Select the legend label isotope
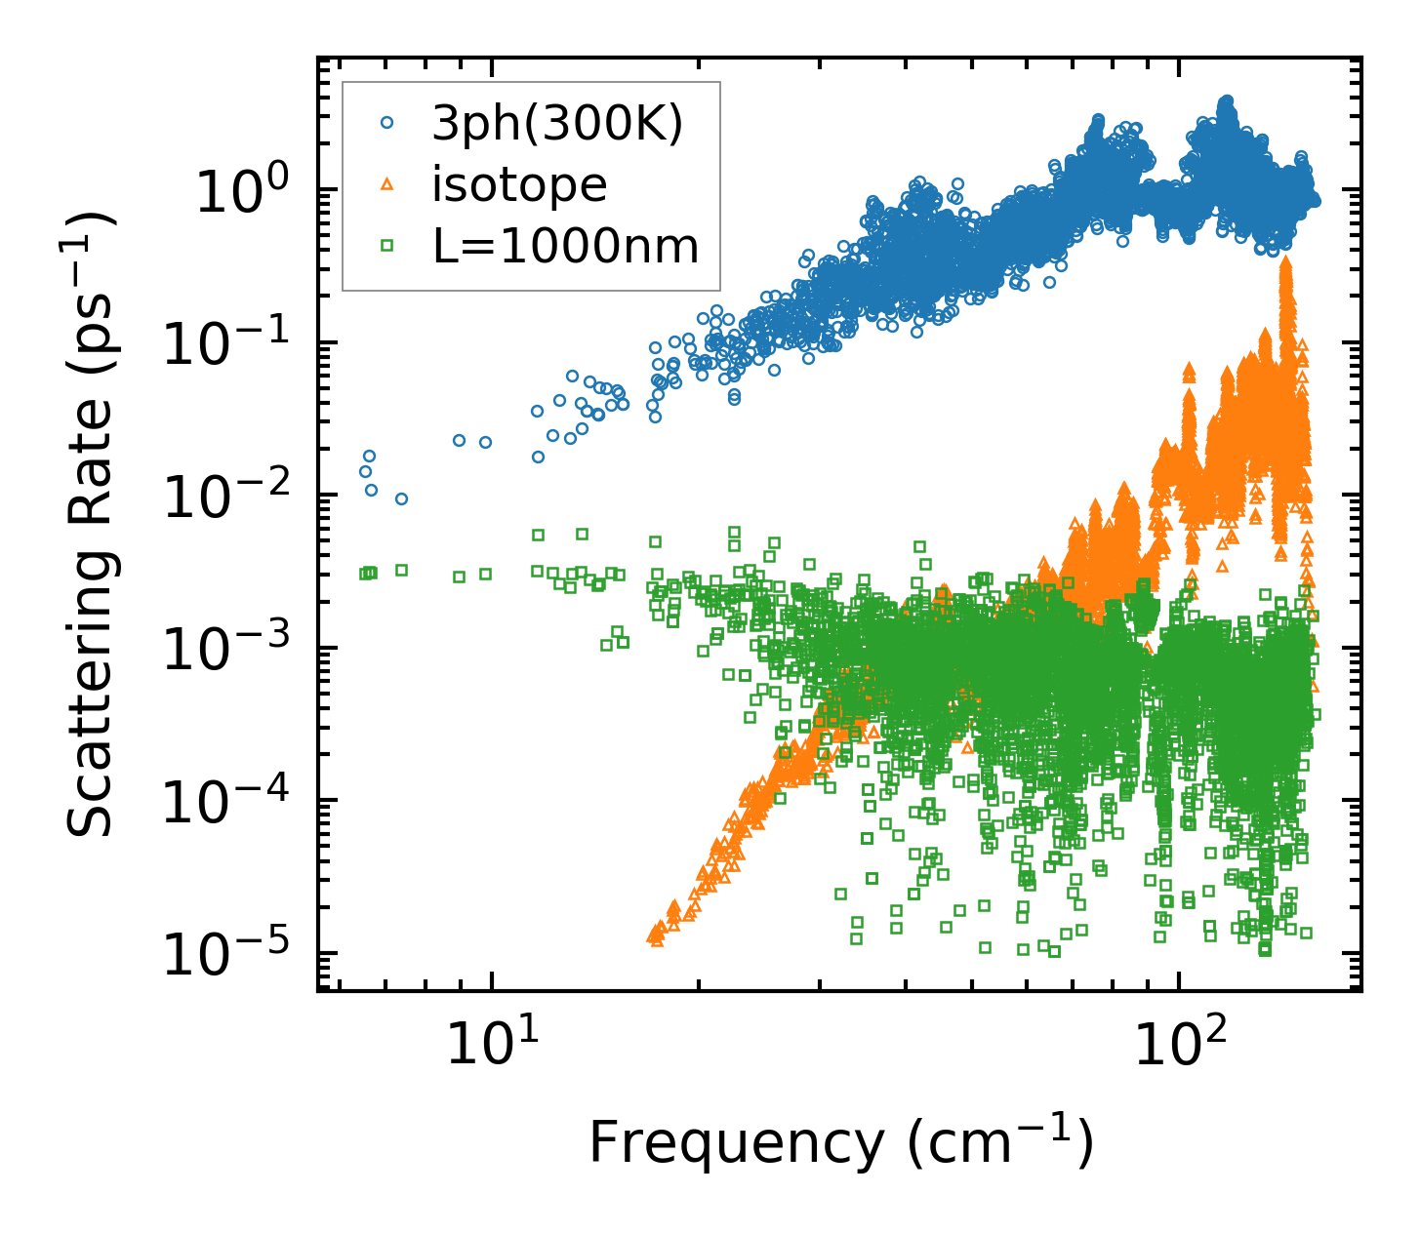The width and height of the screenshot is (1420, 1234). pos(519,184)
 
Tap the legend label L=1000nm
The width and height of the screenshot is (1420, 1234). pos(566,247)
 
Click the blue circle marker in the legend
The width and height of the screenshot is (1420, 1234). pos(386,123)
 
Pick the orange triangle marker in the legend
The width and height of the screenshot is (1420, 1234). pos(386,184)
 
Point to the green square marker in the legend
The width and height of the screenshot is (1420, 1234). pos(386,247)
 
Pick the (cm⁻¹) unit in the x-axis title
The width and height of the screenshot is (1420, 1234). pos(999,1142)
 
